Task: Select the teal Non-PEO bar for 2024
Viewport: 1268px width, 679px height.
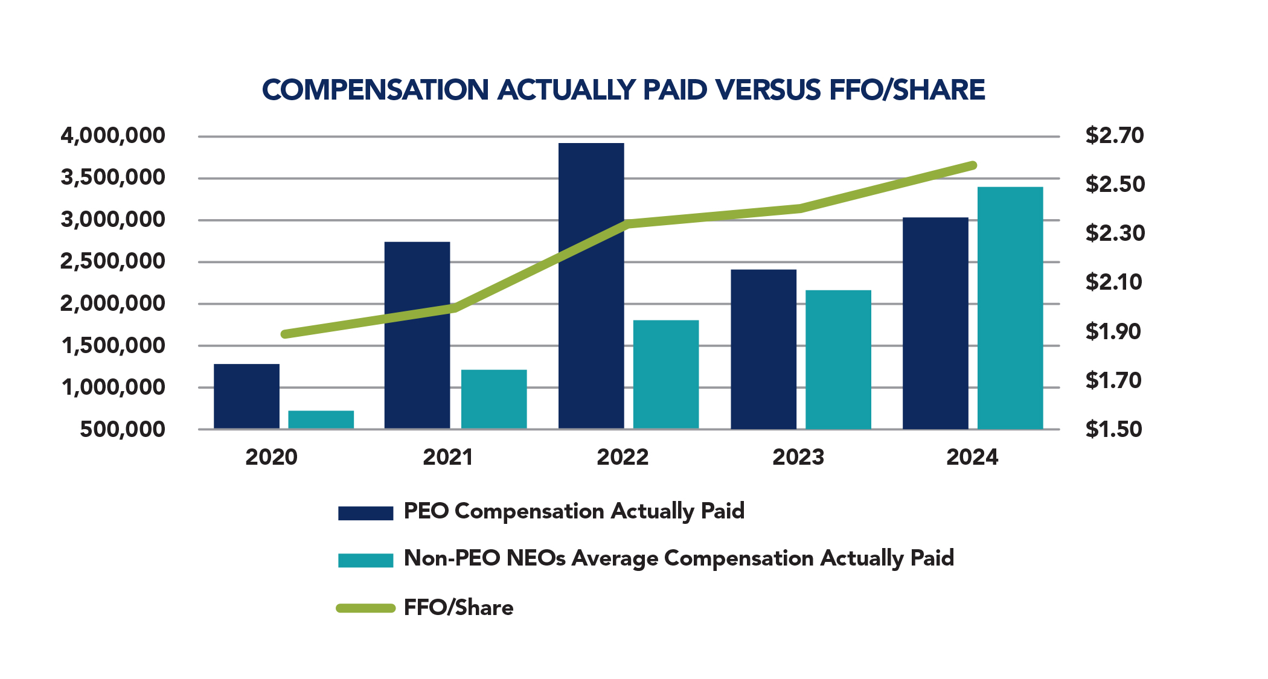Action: (x=1010, y=308)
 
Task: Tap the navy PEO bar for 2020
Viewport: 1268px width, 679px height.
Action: (x=246, y=396)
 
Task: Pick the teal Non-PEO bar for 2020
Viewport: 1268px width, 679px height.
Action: (x=321, y=419)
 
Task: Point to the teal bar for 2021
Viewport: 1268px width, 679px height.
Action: (x=493, y=399)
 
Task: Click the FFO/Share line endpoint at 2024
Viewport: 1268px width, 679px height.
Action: (x=973, y=165)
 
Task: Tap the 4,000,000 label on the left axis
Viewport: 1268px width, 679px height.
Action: (x=113, y=135)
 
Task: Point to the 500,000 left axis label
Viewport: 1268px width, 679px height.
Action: (x=123, y=429)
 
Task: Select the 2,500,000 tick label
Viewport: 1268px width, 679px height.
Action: (x=113, y=261)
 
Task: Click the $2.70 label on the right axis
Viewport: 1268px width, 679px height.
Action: (x=1114, y=135)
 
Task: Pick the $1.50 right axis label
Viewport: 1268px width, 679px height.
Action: (x=1113, y=429)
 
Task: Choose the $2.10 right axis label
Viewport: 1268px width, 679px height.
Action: (x=1113, y=282)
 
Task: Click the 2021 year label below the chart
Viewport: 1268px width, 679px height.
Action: (x=447, y=457)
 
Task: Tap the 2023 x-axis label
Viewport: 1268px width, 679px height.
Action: (x=798, y=457)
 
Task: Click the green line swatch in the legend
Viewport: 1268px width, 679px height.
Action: (x=365, y=608)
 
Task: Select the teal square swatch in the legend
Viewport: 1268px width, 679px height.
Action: (x=365, y=559)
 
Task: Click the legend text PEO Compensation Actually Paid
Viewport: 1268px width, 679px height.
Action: (x=574, y=511)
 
